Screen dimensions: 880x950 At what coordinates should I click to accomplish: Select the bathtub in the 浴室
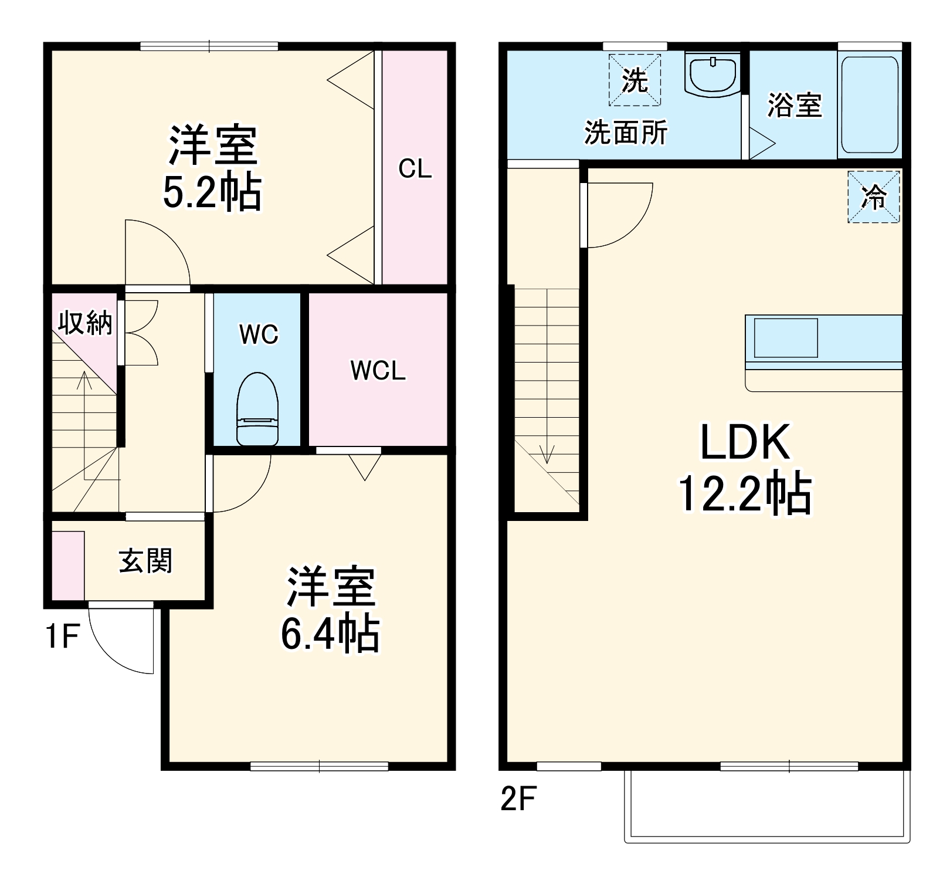[870, 104]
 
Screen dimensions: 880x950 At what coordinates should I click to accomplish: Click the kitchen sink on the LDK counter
[785, 338]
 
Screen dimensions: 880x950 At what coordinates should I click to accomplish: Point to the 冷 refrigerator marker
[873, 197]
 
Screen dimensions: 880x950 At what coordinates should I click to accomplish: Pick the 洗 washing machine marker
[635, 80]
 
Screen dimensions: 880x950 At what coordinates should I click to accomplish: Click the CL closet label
[415, 169]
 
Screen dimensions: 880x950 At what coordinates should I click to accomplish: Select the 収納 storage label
[85, 322]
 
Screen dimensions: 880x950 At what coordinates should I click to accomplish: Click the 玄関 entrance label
[145, 561]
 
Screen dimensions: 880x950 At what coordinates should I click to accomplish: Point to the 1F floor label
[62, 636]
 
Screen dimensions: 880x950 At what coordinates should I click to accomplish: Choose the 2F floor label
[518, 798]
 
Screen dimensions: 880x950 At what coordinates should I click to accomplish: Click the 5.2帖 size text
[212, 192]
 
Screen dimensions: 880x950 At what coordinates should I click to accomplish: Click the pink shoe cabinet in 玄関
[68, 566]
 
